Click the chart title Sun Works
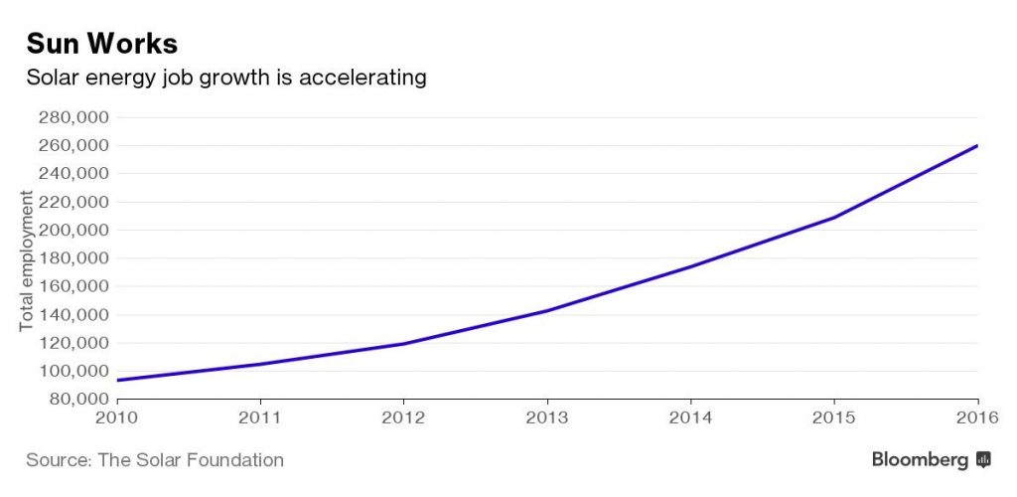[101, 44]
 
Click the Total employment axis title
[27, 260]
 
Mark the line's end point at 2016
[977, 146]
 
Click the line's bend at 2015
[834, 217]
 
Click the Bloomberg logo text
[921, 459]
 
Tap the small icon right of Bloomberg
[983, 459]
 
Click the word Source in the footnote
[55, 460]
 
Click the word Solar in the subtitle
[50, 77]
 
